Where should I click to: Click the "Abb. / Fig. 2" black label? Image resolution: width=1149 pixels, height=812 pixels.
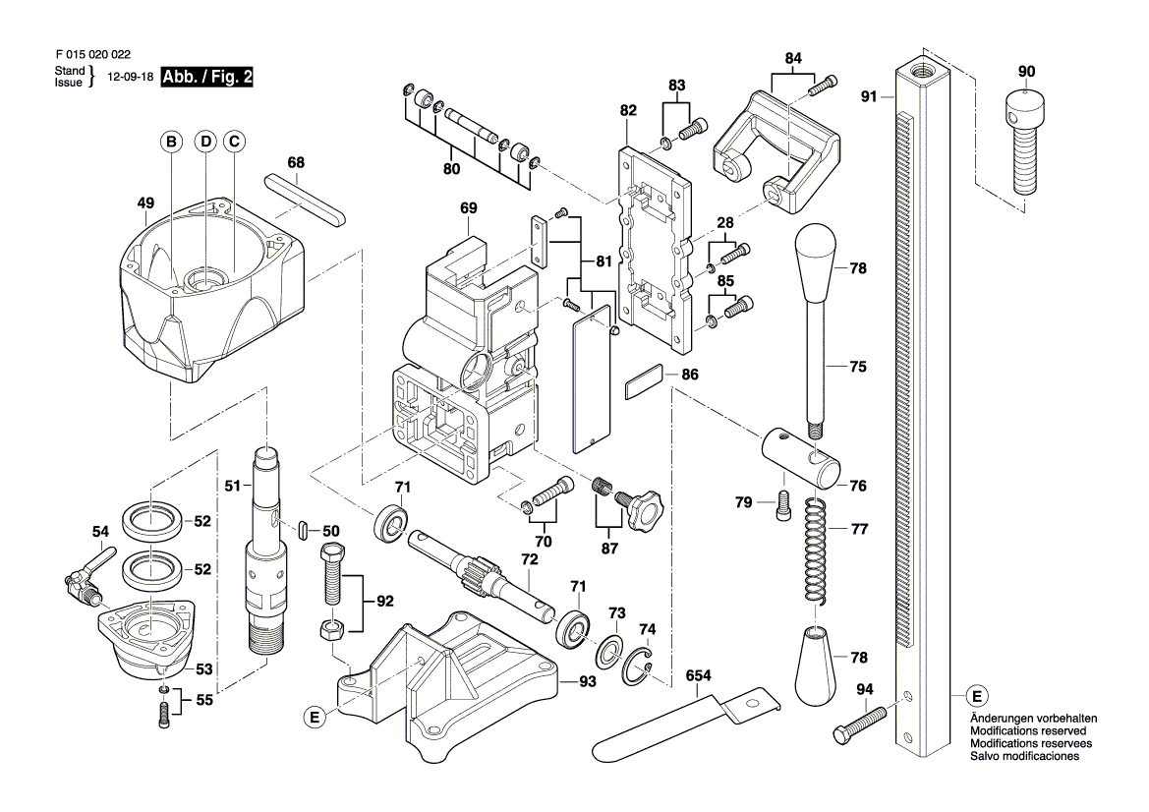(206, 78)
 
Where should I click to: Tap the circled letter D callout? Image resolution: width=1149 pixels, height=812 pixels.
(204, 143)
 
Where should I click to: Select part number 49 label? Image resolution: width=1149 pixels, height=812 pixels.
(146, 203)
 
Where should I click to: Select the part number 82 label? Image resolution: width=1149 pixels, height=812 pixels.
(629, 112)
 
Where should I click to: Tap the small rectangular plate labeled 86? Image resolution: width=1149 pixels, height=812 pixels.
(645, 382)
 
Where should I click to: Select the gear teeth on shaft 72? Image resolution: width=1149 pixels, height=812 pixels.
(479, 572)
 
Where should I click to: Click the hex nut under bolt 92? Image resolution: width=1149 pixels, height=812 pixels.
(332, 628)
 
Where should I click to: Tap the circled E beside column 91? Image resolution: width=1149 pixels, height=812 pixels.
(976, 695)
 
